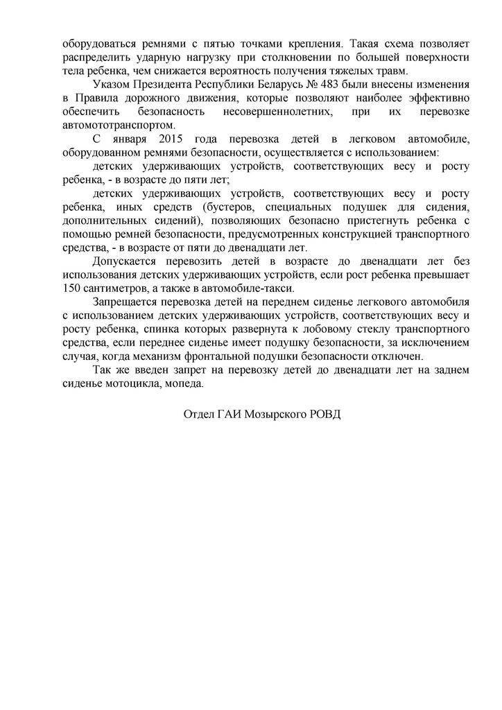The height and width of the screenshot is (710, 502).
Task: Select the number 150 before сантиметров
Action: [x=72, y=288]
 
